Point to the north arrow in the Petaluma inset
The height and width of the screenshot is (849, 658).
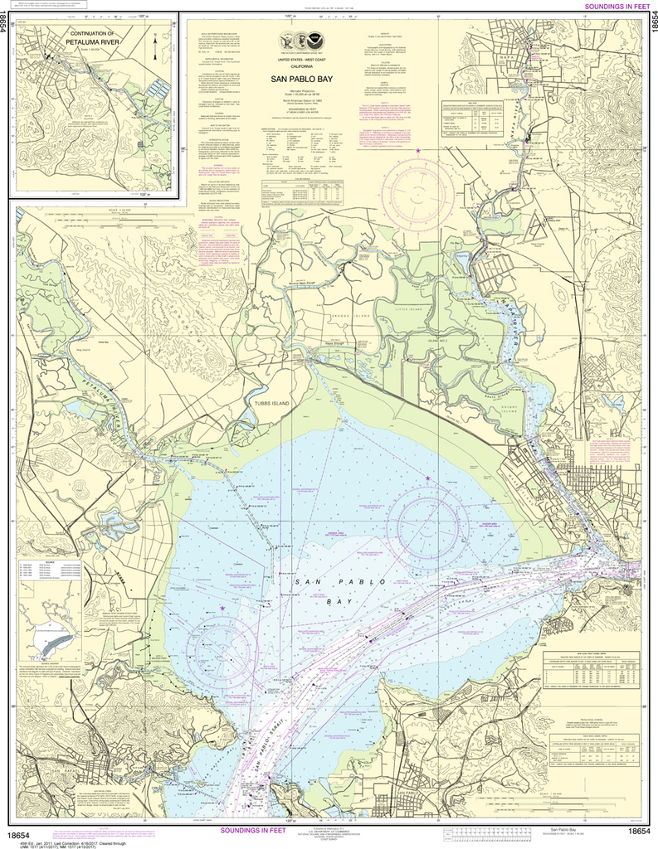click(155, 37)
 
